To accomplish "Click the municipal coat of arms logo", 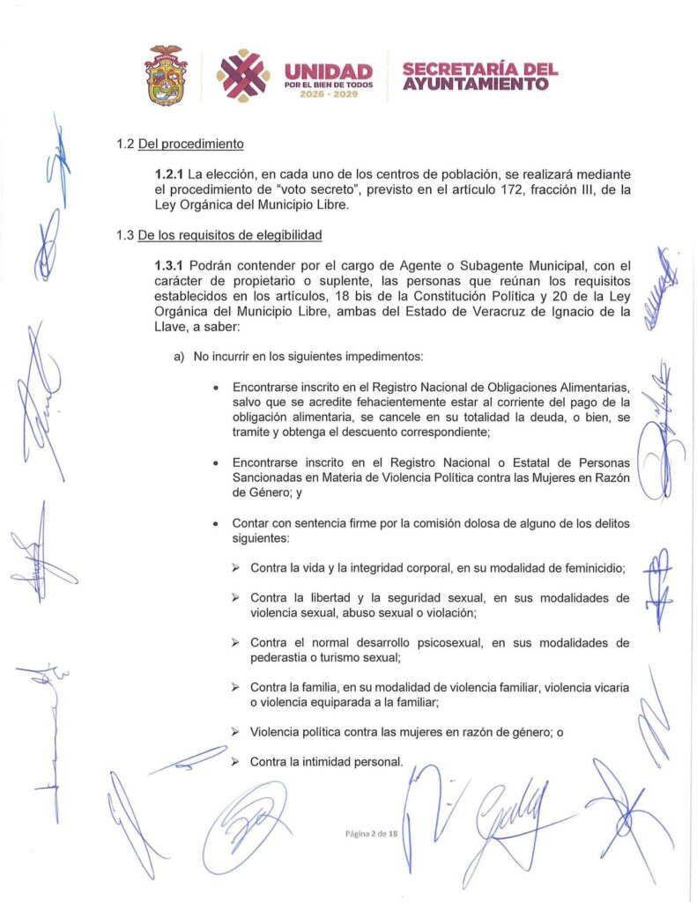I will point(167,77).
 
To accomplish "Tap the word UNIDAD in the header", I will point(328,70).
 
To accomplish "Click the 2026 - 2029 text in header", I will point(328,93).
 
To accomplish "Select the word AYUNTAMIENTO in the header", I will point(476,85).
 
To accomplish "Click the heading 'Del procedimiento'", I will point(190,144).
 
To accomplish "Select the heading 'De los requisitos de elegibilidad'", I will point(229,235).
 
